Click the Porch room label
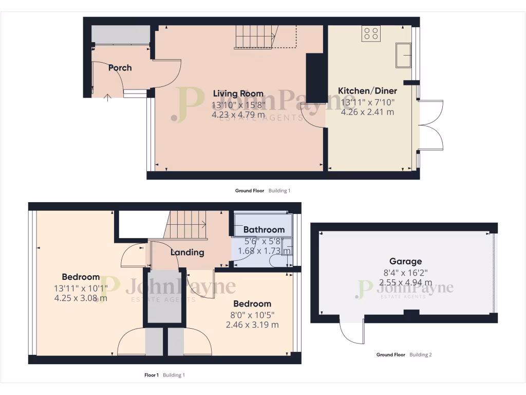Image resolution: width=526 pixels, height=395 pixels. [x=120, y=67]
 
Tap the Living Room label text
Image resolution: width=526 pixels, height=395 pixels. [x=238, y=94]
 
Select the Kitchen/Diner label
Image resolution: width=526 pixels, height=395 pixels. [x=367, y=91]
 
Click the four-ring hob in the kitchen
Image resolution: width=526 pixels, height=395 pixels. [x=371, y=33]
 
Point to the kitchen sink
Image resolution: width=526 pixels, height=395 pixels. [x=403, y=56]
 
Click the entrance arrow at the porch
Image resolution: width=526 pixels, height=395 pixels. [x=107, y=97]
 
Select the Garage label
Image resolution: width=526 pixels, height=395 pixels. [x=405, y=261]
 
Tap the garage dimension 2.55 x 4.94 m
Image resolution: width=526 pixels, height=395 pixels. [x=405, y=282]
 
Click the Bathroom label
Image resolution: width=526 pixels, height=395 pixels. [x=264, y=229]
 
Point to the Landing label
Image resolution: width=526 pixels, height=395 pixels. [x=187, y=252]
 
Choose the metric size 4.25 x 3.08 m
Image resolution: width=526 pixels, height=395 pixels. [x=81, y=297]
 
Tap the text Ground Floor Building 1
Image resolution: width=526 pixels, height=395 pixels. [x=262, y=191]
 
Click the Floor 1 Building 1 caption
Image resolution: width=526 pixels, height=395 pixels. [x=164, y=375]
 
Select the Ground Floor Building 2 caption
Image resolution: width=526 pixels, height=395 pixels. [x=404, y=355]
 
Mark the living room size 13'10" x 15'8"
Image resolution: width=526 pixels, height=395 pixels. [x=238, y=105]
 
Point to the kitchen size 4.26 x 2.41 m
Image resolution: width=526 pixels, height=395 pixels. [x=367, y=112]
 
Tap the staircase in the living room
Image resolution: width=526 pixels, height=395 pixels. [x=255, y=37]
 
